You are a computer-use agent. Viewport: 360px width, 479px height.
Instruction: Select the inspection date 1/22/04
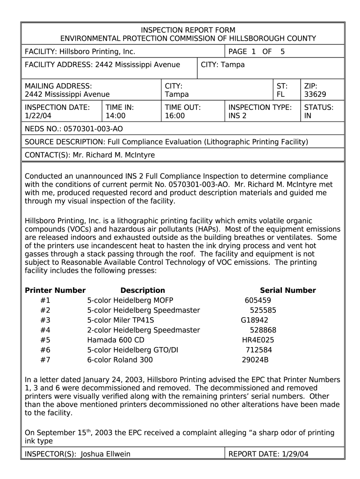37,116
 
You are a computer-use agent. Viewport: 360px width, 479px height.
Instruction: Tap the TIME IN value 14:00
116,116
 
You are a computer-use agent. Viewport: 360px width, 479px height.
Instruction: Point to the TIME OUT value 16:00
175,116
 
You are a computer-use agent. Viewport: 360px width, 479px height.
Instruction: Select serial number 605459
258,300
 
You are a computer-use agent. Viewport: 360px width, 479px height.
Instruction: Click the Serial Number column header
288,290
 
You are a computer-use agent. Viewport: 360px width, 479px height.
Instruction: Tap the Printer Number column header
55,290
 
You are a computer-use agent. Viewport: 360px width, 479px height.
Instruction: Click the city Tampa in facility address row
232,65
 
